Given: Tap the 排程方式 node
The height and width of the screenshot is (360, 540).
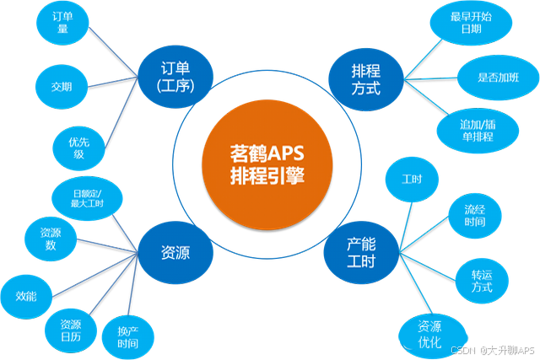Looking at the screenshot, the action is click(364, 77).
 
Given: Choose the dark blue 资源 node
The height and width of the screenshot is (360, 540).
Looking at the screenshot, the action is click(174, 251).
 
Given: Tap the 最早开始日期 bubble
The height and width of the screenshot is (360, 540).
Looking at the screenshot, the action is click(471, 23).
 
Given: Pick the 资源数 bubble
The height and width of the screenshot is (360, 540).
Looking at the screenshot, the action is click(49, 239).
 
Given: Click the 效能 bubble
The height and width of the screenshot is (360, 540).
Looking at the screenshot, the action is click(26, 295).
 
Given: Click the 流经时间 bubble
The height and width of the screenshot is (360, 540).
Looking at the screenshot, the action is click(473, 215).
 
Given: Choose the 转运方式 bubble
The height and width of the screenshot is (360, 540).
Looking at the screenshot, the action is click(480, 280).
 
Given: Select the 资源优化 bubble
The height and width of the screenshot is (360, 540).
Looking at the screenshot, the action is click(418, 333).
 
